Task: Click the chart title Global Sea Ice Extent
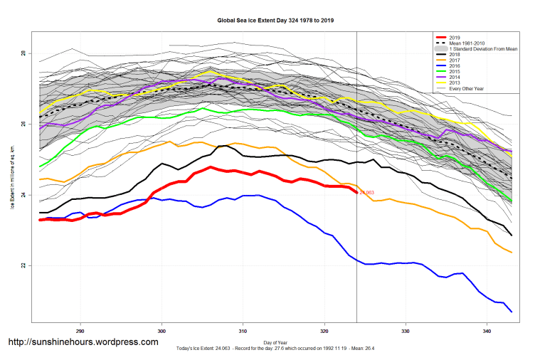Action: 275,21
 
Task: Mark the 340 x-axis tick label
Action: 487,331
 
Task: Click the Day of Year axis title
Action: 275,343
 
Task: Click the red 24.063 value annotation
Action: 367,193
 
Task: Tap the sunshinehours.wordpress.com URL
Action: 83,342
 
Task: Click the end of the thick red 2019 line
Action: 356,192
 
